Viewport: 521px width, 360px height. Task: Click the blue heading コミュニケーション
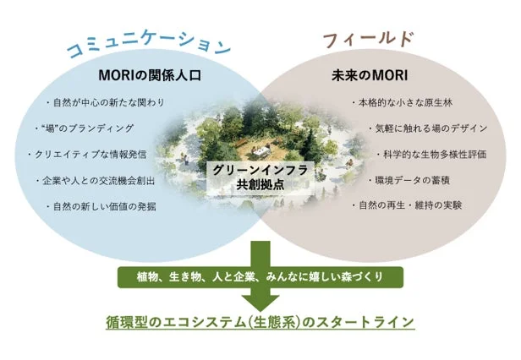[x=149, y=46]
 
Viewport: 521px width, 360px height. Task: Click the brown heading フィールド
[x=368, y=40]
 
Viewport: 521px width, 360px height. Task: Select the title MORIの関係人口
[x=150, y=75]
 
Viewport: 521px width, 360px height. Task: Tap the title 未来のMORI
[x=370, y=76]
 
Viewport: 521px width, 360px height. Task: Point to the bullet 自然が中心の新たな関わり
[x=106, y=102]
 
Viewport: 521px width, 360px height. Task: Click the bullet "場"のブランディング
[x=85, y=128]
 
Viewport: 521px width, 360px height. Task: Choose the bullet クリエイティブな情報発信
[x=87, y=154]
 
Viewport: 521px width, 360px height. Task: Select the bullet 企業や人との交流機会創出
[x=96, y=181]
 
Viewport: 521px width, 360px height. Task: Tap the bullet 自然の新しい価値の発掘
[x=101, y=206]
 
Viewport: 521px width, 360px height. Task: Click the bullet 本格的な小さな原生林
[x=402, y=102]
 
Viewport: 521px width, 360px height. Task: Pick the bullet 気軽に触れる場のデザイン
[x=428, y=128]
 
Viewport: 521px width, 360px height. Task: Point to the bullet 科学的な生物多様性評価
[x=432, y=154]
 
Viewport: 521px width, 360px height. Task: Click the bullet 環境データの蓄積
[x=409, y=180]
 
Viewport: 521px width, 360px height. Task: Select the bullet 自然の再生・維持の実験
[x=407, y=205]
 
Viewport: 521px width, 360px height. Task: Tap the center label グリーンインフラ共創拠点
[x=260, y=177]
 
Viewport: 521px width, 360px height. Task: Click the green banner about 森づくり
[x=260, y=277]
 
